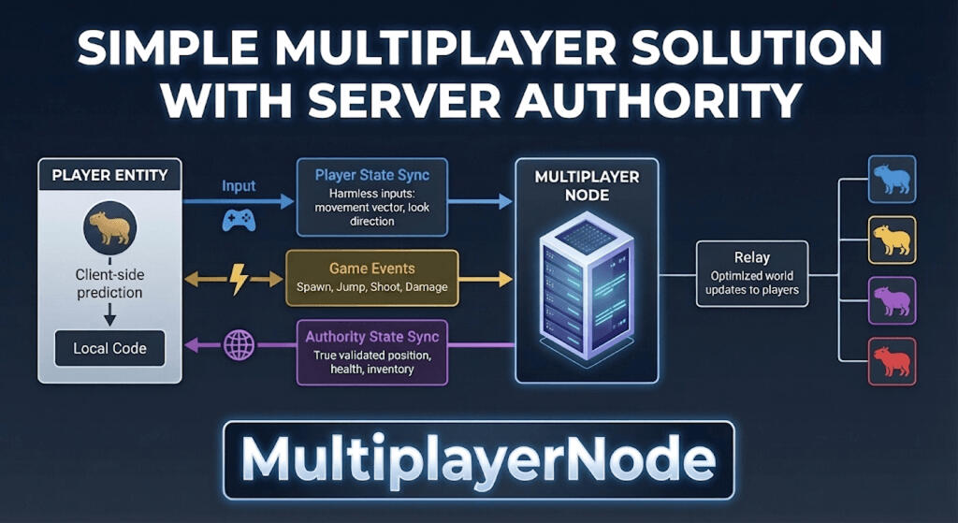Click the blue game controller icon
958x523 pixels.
[x=239, y=220]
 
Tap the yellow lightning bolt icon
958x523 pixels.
[x=237, y=279]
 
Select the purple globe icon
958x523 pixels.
[x=239, y=345]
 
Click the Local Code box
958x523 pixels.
[x=109, y=348]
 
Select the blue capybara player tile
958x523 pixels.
[x=891, y=180]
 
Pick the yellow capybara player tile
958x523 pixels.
[x=891, y=240]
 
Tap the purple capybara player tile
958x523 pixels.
[x=891, y=300]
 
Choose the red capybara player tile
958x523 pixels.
[x=891, y=360]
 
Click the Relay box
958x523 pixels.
[x=752, y=272]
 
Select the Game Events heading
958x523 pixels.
[x=371, y=269]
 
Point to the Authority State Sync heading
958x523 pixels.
[x=371, y=336]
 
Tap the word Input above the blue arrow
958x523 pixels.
[x=239, y=185]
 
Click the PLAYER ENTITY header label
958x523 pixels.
[x=109, y=175]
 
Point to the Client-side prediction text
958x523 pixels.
[x=109, y=283]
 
